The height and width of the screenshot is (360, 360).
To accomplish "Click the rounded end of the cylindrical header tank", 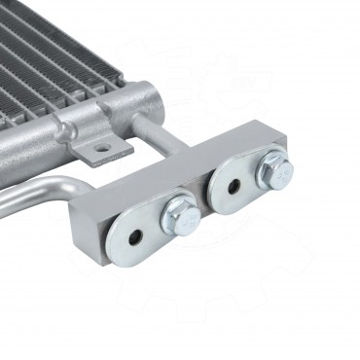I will [148, 98].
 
